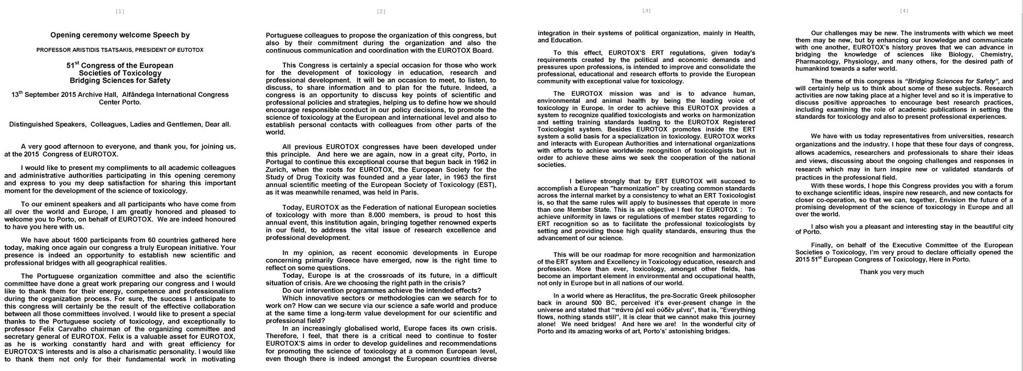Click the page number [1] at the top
120,11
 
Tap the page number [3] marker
646,10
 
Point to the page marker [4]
904,10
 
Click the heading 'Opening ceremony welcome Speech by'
120,35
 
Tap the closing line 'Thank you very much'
891,272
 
